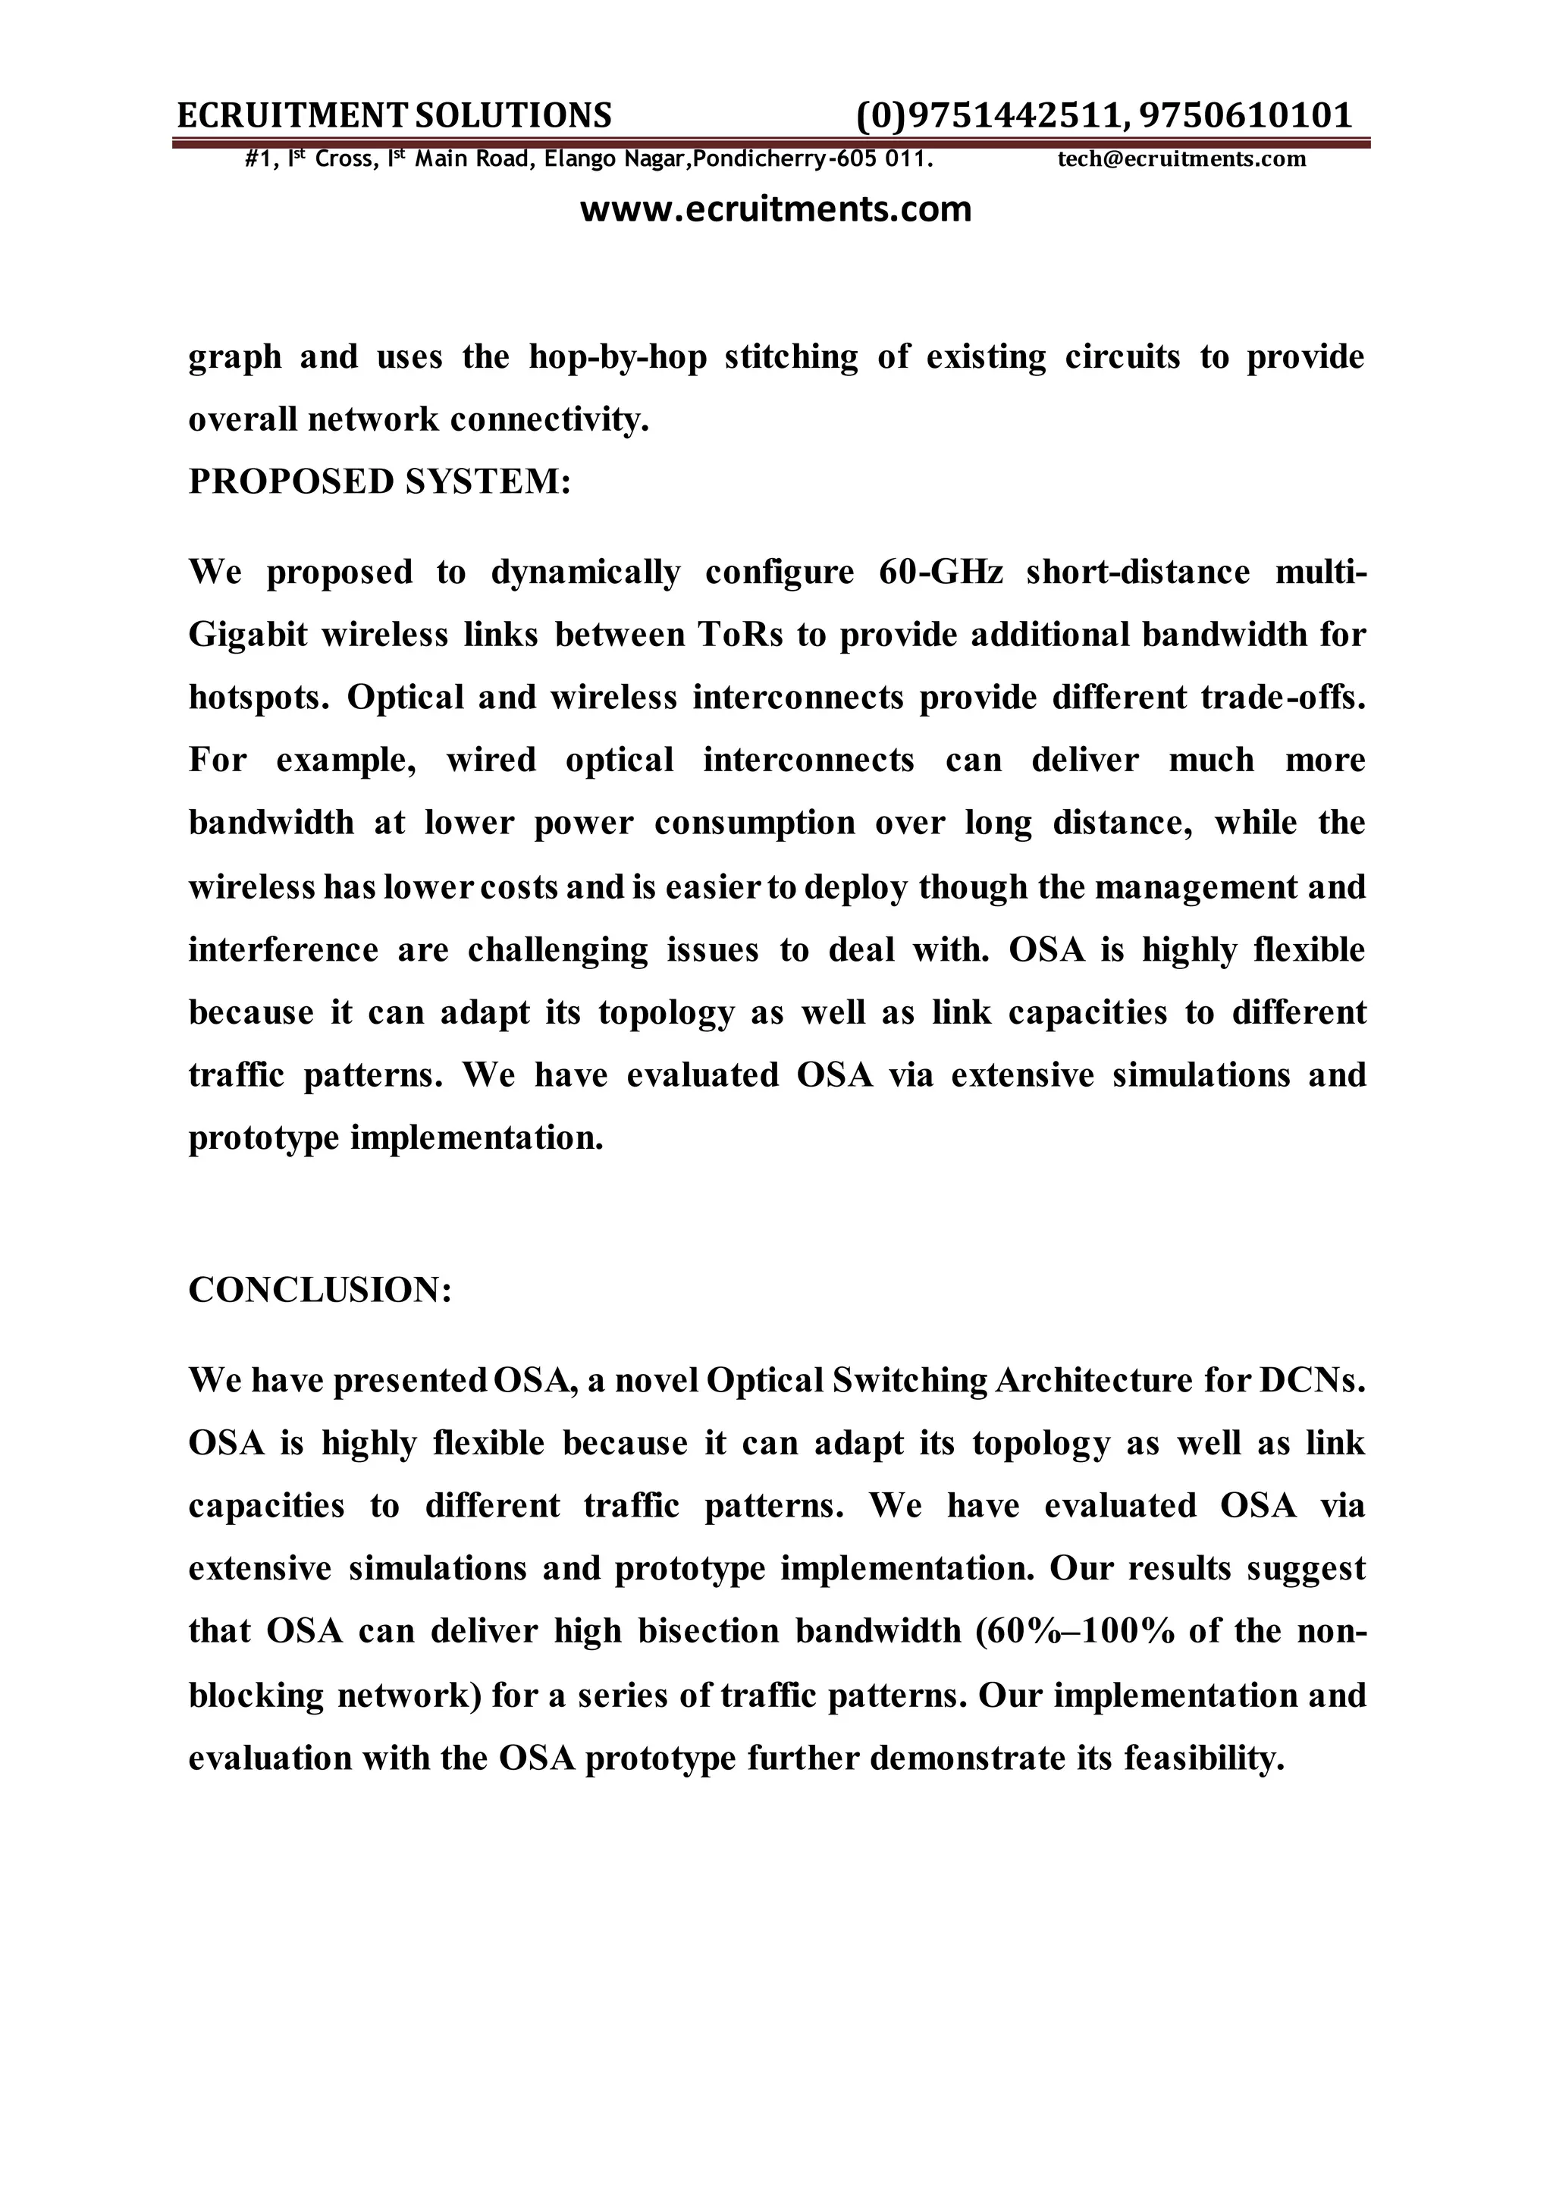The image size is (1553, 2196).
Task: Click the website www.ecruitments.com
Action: point(776,209)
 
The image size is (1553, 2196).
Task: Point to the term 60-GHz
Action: point(940,572)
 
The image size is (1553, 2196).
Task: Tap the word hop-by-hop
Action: point(618,356)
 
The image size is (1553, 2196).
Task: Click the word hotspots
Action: point(257,698)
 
